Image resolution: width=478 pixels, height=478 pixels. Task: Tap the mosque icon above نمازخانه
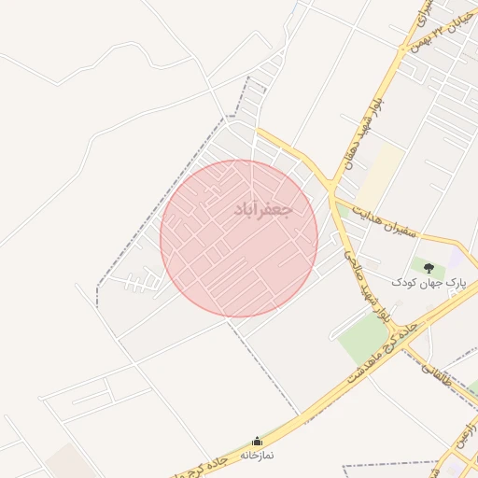click(258, 441)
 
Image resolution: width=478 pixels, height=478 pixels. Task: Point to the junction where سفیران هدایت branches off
click(333, 197)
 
